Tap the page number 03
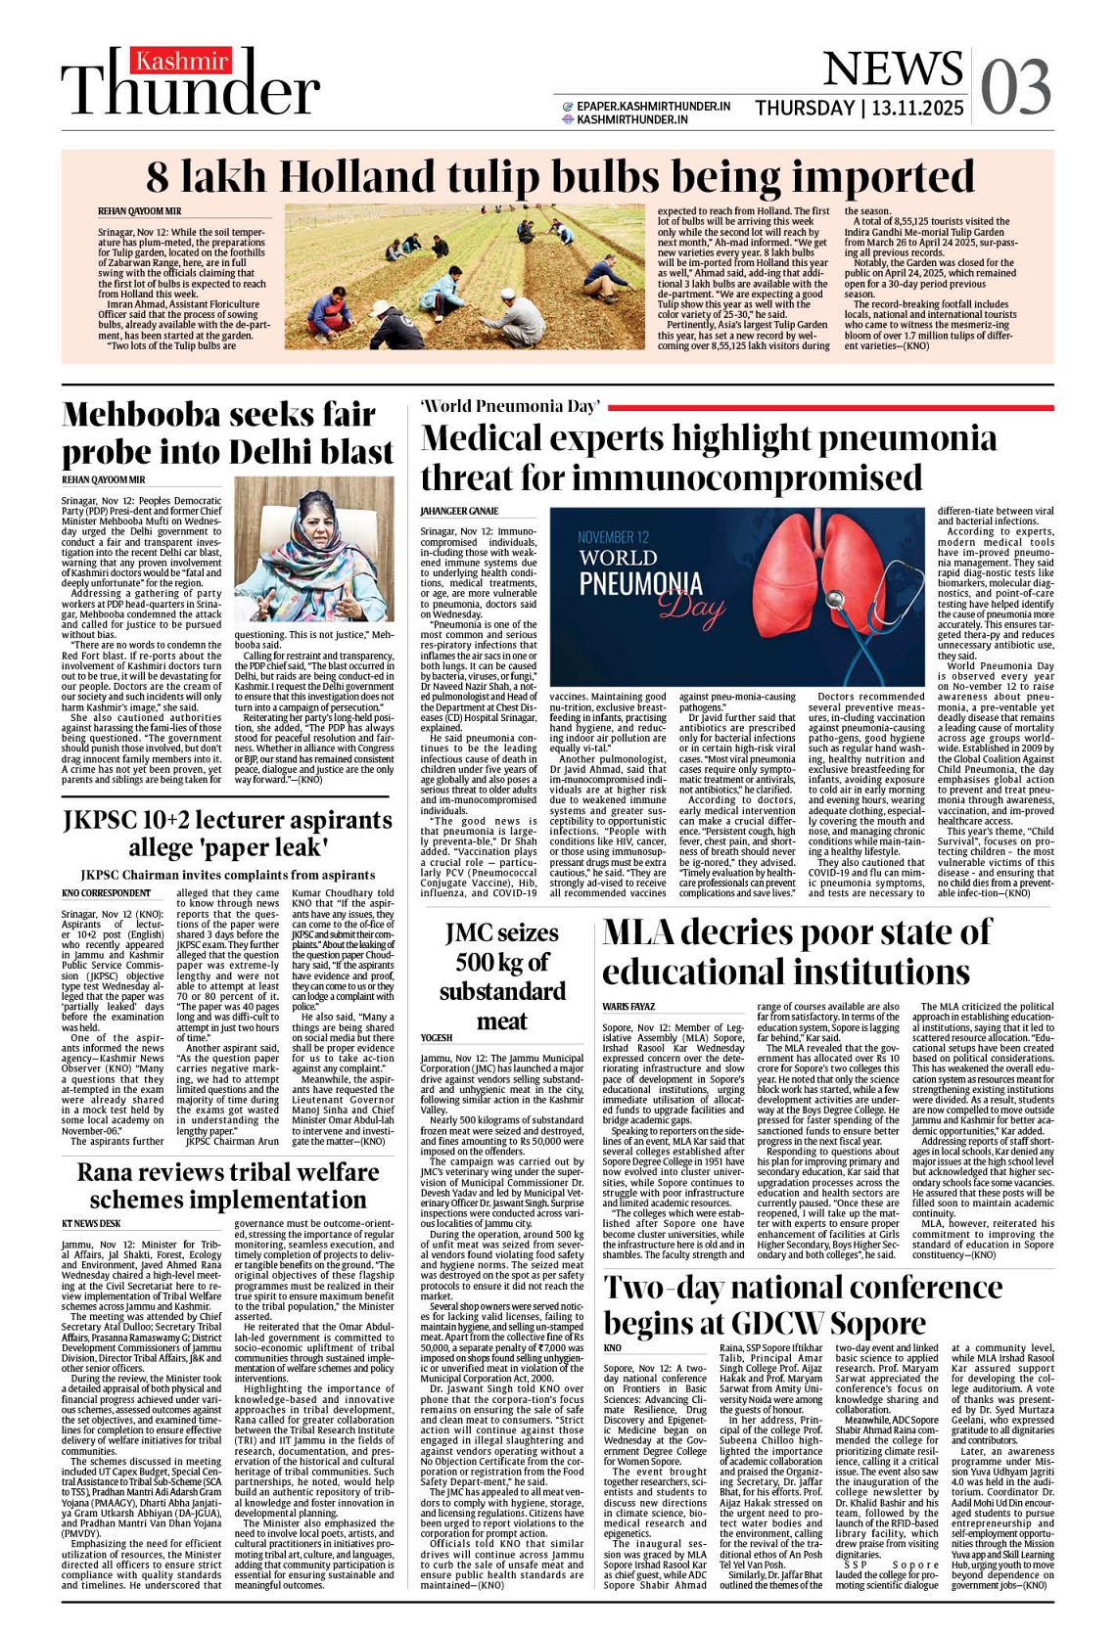(x=1015, y=87)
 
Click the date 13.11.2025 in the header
(x=918, y=108)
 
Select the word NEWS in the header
(x=892, y=68)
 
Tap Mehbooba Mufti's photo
(x=314, y=549)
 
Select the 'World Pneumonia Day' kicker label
(x=509, y=406)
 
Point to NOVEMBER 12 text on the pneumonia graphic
(x=613, y=537)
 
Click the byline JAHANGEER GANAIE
(x=459, y=511)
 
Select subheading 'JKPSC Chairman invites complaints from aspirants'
(x=227, y=875)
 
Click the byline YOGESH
(x=437, y=1038)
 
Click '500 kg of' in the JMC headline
(x=502, y=963)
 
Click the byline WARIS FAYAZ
(x=628, y=1007)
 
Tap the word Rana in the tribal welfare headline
(x=110, y=1172)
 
